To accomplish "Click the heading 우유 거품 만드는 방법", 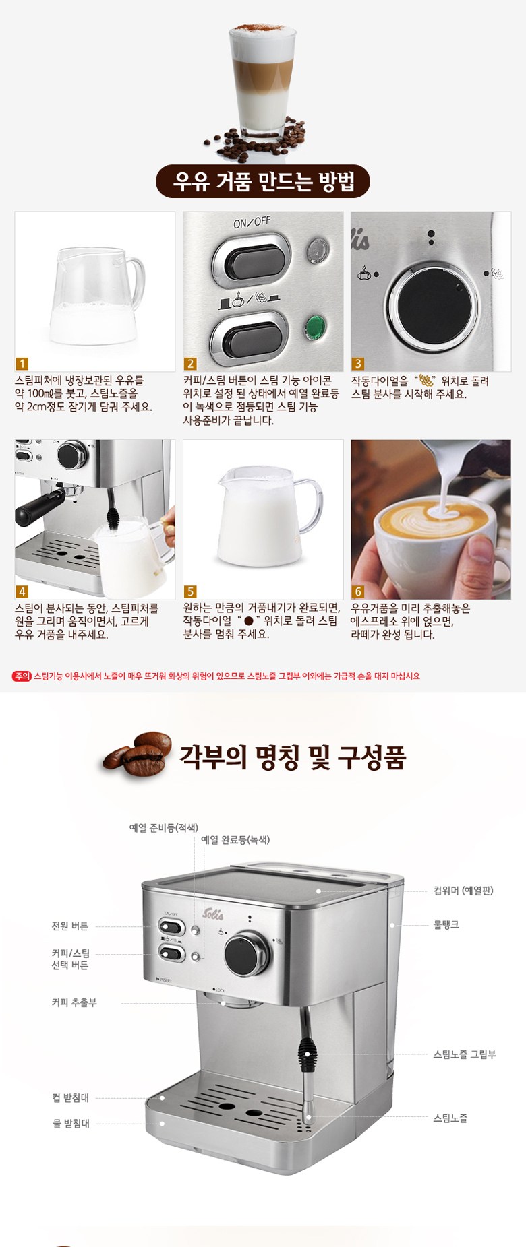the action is (263, 181).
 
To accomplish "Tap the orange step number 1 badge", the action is (22, 364).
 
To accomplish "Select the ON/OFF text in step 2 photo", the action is (252, 222).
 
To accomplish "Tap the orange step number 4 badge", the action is (22, 591).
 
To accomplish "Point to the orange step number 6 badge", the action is (358, 591).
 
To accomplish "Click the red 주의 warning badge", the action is (22, 676).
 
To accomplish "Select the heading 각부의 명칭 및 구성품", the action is (292, 757).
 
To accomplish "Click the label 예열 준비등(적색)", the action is (164, 827).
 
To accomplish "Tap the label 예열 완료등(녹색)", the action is (235, 840).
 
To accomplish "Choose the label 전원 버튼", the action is (70, 926).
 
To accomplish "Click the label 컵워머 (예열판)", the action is (463, 891).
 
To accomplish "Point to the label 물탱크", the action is (446, 925).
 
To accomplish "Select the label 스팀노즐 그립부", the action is (465, 1054).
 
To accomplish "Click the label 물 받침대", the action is (71, 1123).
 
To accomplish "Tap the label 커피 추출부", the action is (74, 1002).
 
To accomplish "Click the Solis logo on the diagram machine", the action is (213, 914).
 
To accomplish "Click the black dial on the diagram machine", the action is (247, 953).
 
